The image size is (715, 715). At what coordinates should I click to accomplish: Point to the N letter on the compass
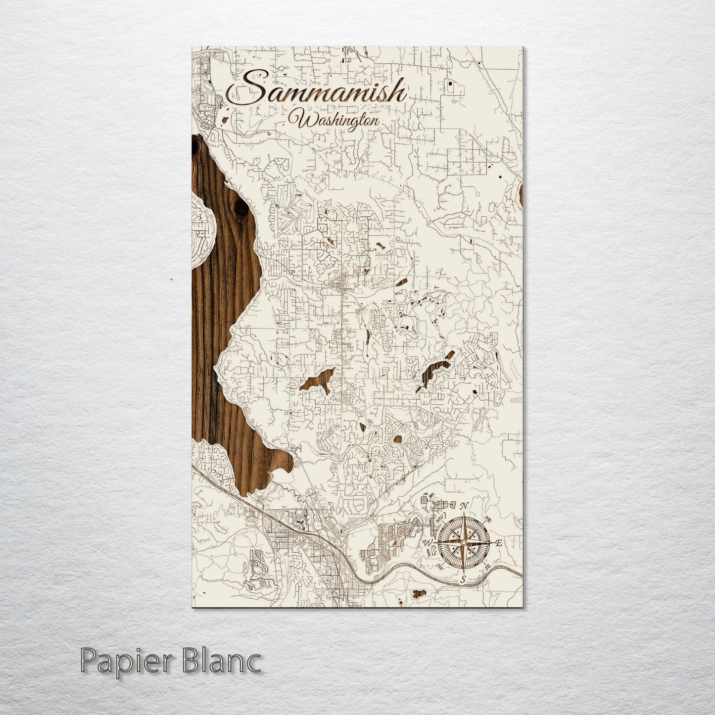[x=464, y=506]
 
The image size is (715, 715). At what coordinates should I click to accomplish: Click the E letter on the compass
[x=499, y=543]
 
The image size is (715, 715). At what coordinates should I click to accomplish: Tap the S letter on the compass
[x=463, y=578]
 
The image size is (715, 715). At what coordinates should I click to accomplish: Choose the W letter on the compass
[x=427, y=543]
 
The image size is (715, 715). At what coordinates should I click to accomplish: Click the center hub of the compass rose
[x=463, y=543]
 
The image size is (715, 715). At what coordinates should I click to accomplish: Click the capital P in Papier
[x=87, y=661]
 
